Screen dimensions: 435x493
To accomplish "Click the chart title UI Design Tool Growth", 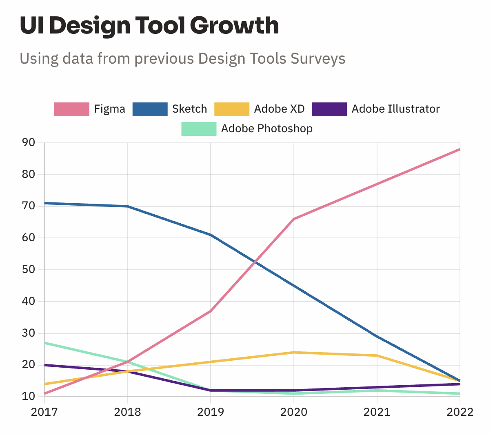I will (x=149, y=25).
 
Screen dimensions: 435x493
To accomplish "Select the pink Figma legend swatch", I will (x=72, y=109).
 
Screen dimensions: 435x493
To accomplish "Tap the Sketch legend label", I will (x=189, y=109).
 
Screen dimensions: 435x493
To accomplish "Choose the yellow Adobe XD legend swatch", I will (x=231, y=109).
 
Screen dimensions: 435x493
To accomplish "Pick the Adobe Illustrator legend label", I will (x=395, y=109).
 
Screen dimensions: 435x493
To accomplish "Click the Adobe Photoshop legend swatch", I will (x=199, y=129).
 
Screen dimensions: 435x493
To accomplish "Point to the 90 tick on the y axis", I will (x=28, y=142).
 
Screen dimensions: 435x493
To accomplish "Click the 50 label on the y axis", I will (x=28, y=269).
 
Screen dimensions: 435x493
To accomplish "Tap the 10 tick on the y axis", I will (x=28, y=396).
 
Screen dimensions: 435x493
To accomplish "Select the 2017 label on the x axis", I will (x=44, y=412).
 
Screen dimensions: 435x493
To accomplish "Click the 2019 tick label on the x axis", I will (x=211, y=412).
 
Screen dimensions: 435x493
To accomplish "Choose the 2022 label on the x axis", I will (x=460, y=412).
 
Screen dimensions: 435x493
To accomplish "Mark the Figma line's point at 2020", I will (x=294, y=219).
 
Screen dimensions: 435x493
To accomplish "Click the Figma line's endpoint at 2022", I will (x=460, y=149).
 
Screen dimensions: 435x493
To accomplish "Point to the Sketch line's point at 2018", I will (x=128, y=206).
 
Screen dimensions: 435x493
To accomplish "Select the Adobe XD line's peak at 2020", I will (x=294, y=352).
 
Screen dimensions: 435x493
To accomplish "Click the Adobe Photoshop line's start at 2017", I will (x=45, y=343).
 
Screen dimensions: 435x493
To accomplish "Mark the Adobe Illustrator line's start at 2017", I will (x=45, y=365).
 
